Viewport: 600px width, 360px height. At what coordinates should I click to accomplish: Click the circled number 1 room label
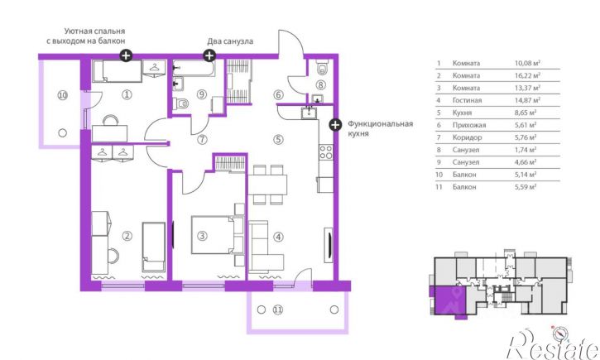(x=127, y=94)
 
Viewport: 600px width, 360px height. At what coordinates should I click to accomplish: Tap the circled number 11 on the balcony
(x=278, y=310)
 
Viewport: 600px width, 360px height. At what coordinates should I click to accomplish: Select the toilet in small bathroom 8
(x=323, y=68)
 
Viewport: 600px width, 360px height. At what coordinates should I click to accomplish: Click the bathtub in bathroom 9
(x=194, y=68)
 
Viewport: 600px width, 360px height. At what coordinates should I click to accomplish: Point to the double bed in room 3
(x=217, y=235)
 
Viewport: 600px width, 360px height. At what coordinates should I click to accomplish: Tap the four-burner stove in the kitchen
(x=326, y=152)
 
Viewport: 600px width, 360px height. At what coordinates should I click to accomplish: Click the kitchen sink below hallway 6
(x=309, y=113)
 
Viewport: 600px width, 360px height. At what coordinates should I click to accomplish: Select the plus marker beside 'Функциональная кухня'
(x=335, y=125)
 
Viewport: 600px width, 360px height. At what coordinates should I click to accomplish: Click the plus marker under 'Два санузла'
(x=209, y=55)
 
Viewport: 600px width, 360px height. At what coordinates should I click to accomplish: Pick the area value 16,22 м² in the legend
(x=527, y=75)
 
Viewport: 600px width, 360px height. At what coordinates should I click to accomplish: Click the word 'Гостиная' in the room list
(x=467, y=100)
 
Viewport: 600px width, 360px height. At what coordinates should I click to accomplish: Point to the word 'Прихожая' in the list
(x=468, y=125)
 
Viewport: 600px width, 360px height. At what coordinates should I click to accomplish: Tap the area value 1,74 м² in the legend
(x=525, y=150)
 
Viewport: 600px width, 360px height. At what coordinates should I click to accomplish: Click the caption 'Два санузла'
(x=230, y=41)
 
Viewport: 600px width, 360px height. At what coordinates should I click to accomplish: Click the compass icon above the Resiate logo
(x=560, y=334)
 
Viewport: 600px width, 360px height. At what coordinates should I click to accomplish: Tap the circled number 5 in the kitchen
(x=278, y=140)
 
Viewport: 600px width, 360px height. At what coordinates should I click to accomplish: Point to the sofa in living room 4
(x=265, y=247)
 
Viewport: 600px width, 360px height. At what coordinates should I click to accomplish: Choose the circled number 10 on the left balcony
(x=62, y=95)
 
